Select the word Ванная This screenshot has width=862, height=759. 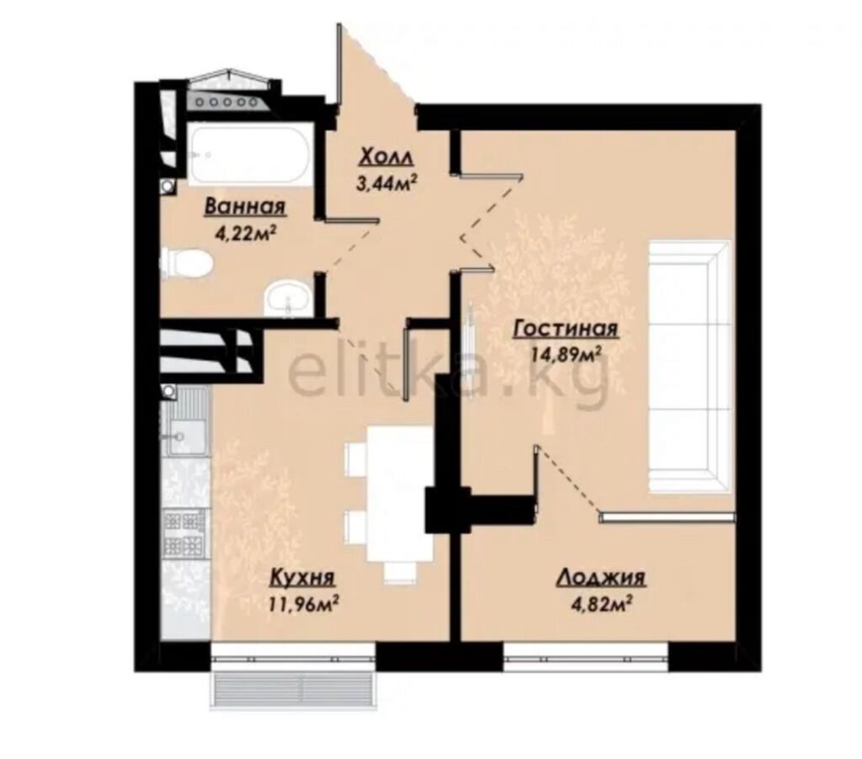tap(245, 207)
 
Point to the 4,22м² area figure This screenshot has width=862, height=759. tap(245, 233)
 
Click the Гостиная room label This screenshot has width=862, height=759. tap(566, 329)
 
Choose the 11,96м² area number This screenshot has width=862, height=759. tap(303, 603)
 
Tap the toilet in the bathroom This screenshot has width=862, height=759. tap(186, 263)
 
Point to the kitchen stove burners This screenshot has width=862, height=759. tap(184, 532)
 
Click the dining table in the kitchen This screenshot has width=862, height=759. tap(400, 493)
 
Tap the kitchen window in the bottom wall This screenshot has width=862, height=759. tap(293, 656)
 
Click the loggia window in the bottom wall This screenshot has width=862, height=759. tap(586, 656)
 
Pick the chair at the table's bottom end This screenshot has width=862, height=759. tap(400, 571)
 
